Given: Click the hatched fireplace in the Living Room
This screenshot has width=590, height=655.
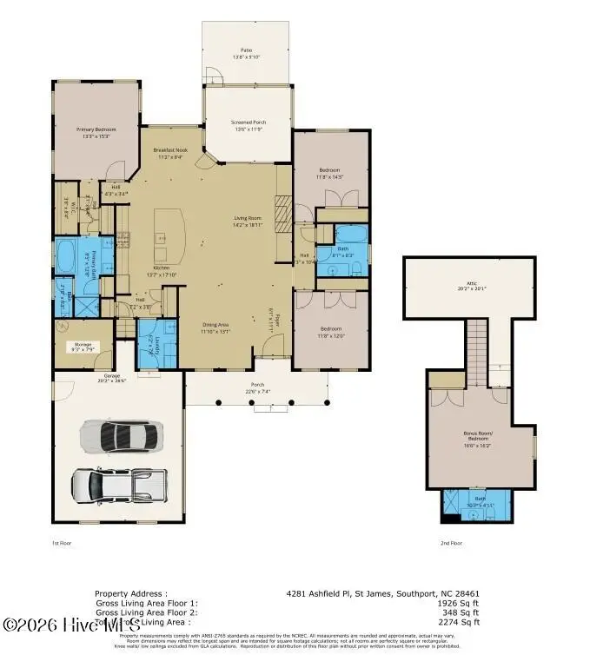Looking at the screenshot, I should coord(282,210).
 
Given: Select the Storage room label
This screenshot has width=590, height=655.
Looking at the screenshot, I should coord(83,346).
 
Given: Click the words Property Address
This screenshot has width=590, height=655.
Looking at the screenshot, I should coord(128,593).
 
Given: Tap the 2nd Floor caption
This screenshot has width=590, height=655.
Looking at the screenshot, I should coord(450,542).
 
